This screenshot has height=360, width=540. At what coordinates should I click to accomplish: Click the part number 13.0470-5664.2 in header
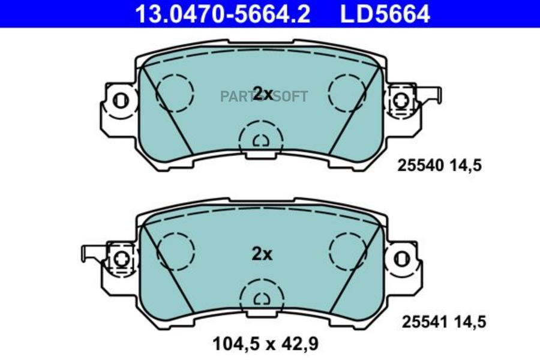[223, 14]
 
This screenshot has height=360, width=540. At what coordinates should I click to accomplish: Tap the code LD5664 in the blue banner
[385, 14]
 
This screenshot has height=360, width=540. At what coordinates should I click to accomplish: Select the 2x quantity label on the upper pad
[263, 94]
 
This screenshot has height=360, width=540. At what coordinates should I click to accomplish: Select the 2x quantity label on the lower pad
[262, 254]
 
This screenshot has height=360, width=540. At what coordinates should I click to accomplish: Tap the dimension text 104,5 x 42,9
[266, 344]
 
